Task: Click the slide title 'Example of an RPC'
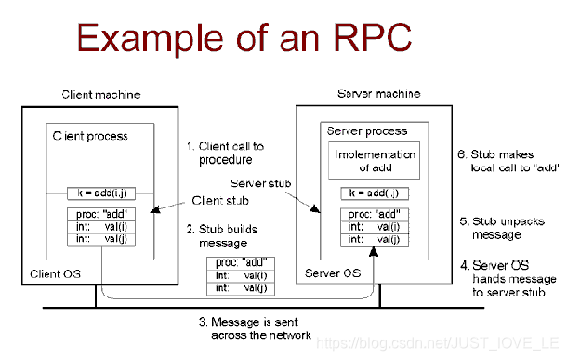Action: point(244,40)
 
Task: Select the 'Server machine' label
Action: point(377,94)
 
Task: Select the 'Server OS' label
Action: point(334,273)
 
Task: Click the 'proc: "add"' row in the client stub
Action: point(97,213)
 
